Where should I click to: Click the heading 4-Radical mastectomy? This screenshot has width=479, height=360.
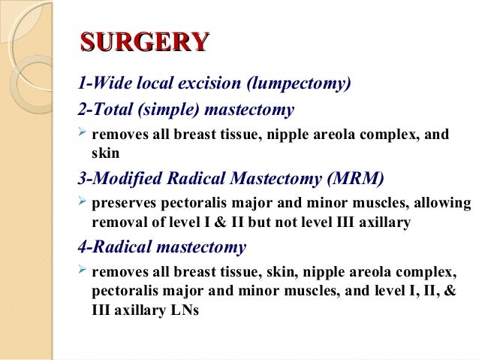pyautogui.click(x=162, y=246)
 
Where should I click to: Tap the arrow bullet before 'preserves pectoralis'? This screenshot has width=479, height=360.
pyautogui.click(x=83, y=204)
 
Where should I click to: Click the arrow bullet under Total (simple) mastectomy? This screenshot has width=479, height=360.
pyautogui.click(x=83, y=135)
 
